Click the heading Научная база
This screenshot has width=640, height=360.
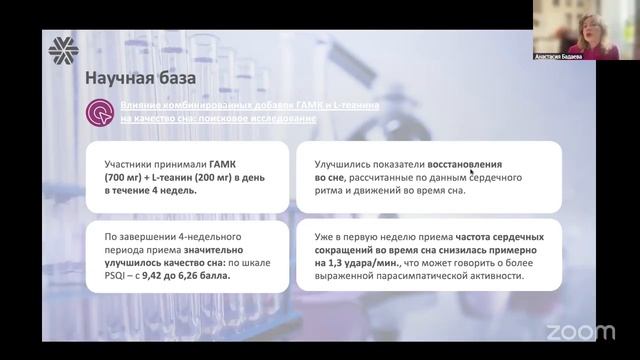click(139, 78)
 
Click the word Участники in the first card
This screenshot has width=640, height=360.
click(131, 162)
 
